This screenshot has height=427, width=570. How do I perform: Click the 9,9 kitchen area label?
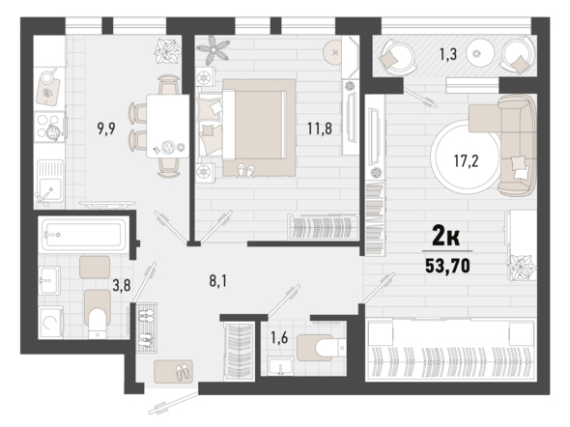(x=106, y=128)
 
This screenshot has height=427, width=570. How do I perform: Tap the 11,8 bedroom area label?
(x=320, y=128)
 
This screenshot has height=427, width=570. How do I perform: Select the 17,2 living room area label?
(x=466, y=160)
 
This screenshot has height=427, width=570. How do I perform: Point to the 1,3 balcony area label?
(x=448, y=54)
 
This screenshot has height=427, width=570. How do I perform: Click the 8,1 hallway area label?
(x=218, y=281)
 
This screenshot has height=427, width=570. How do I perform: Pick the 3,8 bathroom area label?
(x=122, y=286)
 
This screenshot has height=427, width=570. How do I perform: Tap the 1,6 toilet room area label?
(x=279, y=338)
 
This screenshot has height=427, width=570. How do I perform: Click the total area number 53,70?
(x=447, y=266)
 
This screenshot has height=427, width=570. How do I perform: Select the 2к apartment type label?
(x=445, y=236)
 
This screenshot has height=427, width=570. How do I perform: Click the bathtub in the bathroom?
(x=84, y=235)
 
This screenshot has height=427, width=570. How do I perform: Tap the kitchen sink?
(x=50, y=181)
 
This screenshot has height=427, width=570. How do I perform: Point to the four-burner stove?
(x=50, y=127)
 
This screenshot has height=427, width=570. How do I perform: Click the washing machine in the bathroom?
(x=51, y=323)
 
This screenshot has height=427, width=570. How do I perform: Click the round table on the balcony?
(x=480, y=53)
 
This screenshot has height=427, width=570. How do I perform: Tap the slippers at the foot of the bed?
(x=246, y=170)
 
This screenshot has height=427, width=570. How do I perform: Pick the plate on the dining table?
(x=168, y=147)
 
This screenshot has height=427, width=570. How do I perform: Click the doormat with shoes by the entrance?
(x=173, y=371)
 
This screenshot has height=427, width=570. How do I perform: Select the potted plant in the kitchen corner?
(x=167, y=51)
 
